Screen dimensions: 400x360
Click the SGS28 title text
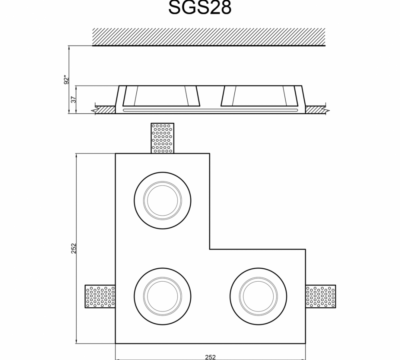[200, 7]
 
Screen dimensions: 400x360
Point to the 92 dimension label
[67, 79]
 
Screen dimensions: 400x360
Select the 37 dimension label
[74, 99]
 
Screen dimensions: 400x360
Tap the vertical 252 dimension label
[74, 248]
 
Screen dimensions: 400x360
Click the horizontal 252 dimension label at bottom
[210, 357]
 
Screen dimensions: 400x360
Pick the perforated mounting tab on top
[163, 138]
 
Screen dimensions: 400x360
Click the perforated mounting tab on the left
[100, 296]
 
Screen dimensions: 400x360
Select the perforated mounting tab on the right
[321, 296]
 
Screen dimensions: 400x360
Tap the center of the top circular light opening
[163, 200]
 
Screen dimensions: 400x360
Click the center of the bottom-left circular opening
[163, 296]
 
